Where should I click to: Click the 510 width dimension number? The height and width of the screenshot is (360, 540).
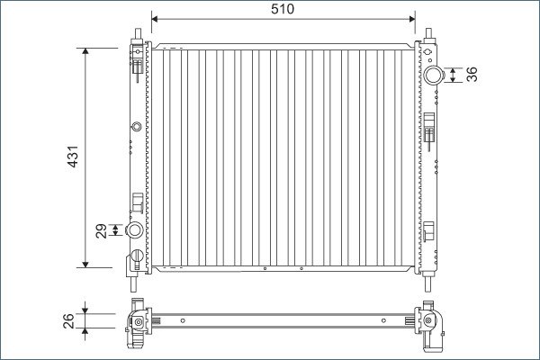283,9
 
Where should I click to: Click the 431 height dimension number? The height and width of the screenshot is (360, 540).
73,157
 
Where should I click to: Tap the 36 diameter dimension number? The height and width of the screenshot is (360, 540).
472,75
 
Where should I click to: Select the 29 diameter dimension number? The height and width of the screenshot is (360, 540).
101,230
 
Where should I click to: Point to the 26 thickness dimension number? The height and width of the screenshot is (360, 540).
68,320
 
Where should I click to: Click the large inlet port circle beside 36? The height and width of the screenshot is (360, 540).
433,75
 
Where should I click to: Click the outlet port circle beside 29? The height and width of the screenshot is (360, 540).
134,229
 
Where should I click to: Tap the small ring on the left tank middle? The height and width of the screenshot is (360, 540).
137,126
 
